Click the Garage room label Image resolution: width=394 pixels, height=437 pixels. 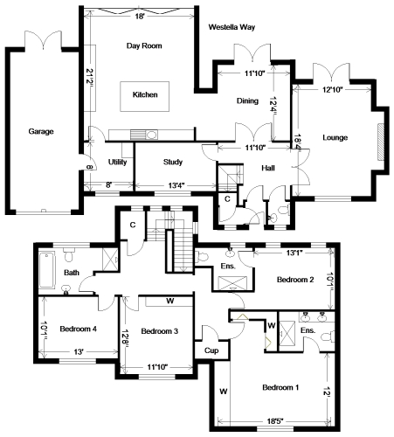click(41, 132)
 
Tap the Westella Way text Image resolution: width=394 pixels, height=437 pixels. click(232, 27)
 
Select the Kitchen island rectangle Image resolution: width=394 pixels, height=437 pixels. click(145, 96)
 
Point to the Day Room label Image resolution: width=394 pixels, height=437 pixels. click(144, 46)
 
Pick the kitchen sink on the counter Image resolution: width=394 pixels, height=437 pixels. click(151, 135)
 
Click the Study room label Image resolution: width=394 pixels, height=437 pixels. click(173, 162)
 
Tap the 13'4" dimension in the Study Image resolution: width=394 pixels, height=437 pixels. click(176, 185)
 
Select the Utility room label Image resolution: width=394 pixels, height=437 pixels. click(117, 162)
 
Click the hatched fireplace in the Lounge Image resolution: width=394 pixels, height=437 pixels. click(381, 142)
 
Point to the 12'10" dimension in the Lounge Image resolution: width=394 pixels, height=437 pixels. click(332, 90)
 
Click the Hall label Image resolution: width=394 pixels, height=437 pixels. click(268, 168)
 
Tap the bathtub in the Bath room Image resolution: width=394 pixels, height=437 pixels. click(47, 271)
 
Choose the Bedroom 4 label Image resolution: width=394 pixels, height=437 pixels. click(78, 329)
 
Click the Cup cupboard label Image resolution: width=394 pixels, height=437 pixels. click(211, 350)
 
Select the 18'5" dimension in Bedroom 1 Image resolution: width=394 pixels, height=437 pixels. click(275, 421)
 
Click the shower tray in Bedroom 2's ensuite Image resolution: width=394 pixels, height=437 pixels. click(232, 283)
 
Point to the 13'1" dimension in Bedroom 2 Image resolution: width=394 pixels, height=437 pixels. click(294, 253)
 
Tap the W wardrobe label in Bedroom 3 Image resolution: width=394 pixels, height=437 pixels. click(170, 301)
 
